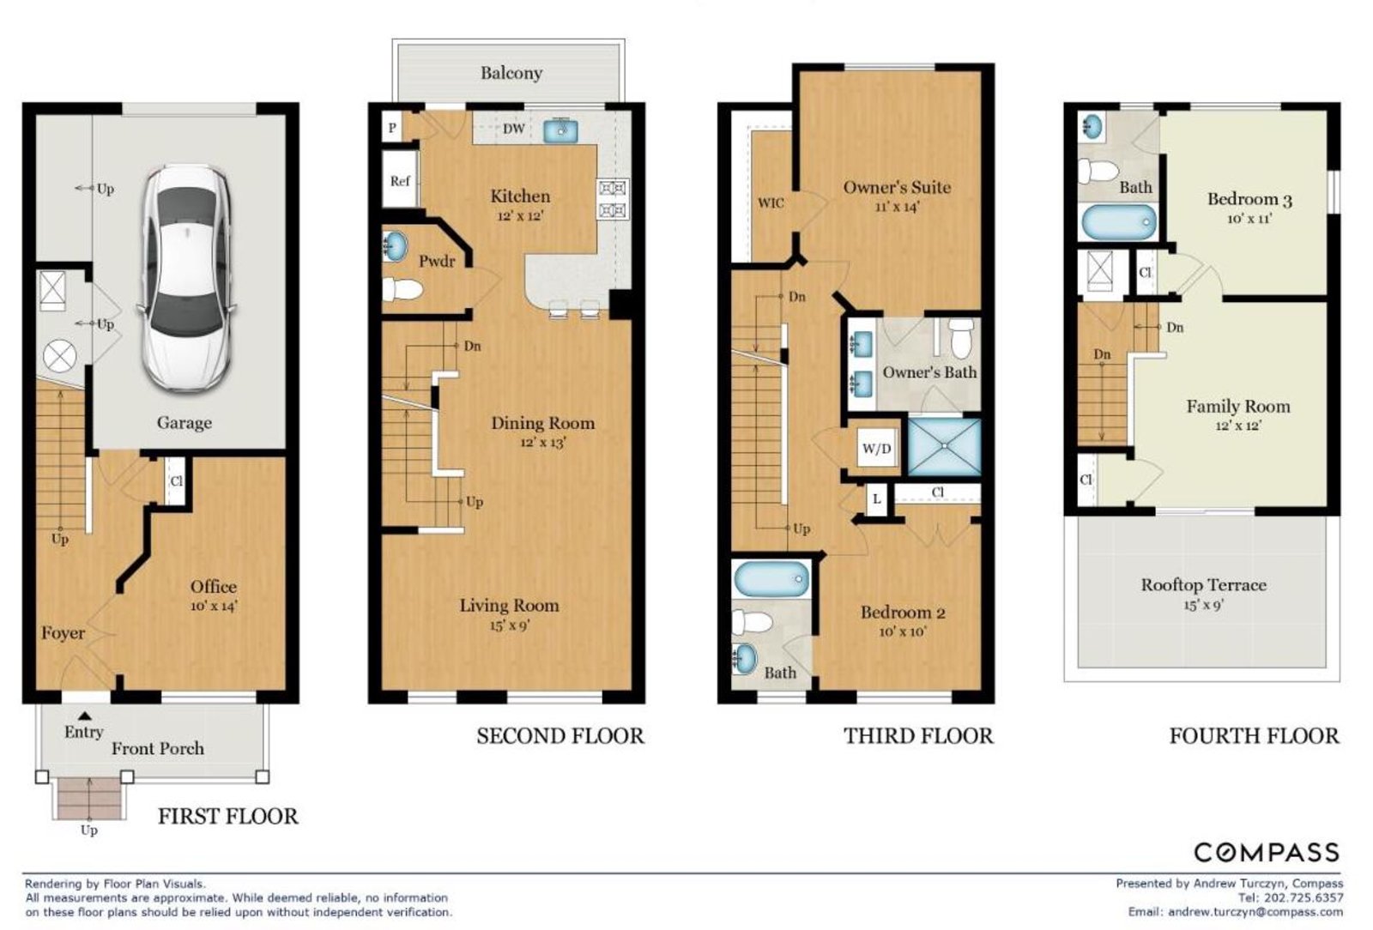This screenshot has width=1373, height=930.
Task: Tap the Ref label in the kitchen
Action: (x=400, y=181)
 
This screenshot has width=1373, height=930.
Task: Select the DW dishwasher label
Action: (x=514, y=129)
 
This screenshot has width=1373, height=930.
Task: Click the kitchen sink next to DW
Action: (x=560, y=130)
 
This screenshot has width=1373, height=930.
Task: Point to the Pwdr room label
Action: (x=437, y=262)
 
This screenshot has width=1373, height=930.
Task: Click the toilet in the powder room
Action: (x=402, y=289)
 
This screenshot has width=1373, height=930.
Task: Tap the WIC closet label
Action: (x=771, y=202)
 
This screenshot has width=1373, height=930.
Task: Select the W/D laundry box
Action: (x=876, y=449)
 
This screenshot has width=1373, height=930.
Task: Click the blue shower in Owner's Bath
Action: (x=944, y=447)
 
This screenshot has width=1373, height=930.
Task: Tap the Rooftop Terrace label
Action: (x=1203, y=585)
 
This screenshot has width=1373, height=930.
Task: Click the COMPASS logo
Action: (x=1267, y=852)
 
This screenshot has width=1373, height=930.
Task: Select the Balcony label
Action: (x=511, y=74)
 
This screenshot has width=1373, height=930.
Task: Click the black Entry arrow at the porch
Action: (x=85, y=716)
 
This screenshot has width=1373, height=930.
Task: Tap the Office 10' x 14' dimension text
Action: (x=214, y=607)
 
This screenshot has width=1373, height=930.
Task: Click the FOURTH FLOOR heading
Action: (x=1254, y=736)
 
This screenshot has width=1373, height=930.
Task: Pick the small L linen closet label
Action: (x=876, y=499)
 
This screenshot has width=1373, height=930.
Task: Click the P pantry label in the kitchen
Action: (x=392, y=128)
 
